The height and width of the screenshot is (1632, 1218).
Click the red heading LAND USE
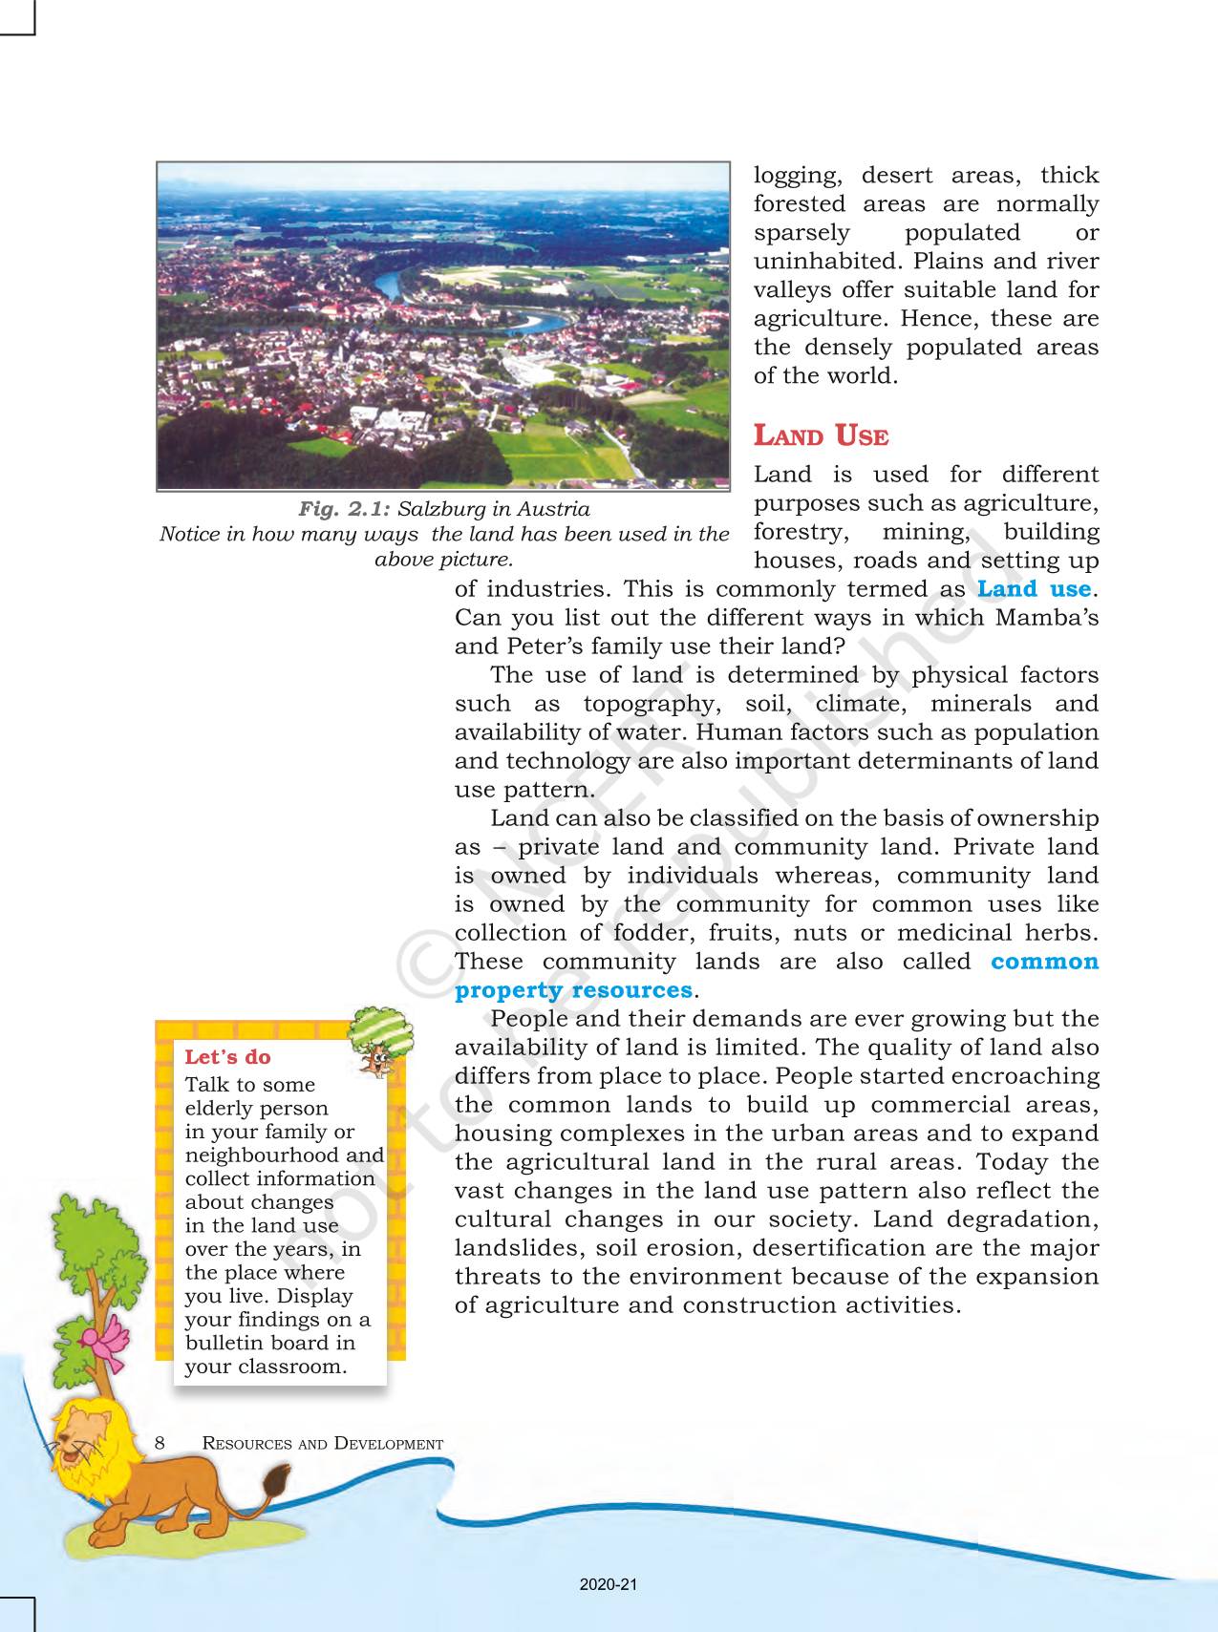coord(821,436)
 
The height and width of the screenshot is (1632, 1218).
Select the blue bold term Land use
coord(1034,589)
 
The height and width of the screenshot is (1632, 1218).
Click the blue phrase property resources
coord(573,990)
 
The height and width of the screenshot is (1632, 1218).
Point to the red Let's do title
coord(227,1057)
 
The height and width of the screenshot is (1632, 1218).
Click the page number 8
coord(160,1443)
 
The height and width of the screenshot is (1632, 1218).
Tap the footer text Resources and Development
coord(323,1444)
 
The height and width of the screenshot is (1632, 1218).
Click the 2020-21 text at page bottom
coord(608,1585)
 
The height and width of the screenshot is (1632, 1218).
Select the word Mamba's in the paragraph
coord(1046,618)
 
